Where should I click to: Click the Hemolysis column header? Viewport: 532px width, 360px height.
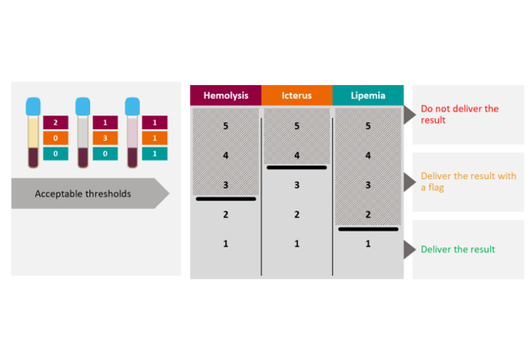(226, 95)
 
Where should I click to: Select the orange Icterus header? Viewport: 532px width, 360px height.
(296, 95)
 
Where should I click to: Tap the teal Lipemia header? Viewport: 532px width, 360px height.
(367, 95)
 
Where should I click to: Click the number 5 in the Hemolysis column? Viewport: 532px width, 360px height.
(226, 126)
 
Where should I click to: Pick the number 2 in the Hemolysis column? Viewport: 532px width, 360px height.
(226, 215)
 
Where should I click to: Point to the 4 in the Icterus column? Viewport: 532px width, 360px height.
(296, 155)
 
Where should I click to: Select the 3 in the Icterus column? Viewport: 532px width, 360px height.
(296, 185)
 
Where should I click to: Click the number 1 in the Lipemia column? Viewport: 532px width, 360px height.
(367, 244)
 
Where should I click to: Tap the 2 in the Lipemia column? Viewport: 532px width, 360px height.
(367, 214)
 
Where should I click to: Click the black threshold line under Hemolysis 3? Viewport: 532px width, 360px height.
(226, 199)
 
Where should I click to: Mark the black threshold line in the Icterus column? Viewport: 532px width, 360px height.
(296, 168)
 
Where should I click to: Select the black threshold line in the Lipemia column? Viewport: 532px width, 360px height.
(367, 229)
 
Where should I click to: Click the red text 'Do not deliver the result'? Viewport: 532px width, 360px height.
(459, 114)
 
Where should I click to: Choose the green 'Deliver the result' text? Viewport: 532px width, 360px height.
(458, 250)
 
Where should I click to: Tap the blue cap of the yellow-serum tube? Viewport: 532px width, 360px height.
(33, 106)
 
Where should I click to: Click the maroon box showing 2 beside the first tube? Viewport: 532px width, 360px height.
(55, 123)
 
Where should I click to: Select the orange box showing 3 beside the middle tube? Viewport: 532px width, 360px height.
(105, 138)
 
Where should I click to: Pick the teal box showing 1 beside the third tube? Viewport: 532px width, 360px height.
(154, 154)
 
